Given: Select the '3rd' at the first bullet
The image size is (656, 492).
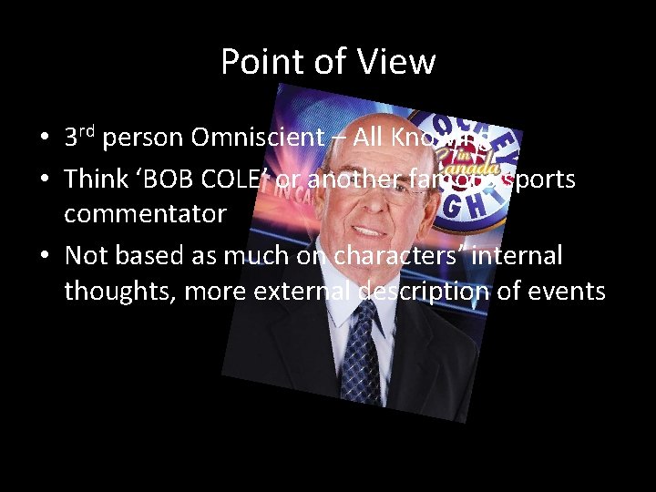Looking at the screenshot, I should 80,138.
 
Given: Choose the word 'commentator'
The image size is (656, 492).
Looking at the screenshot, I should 145,215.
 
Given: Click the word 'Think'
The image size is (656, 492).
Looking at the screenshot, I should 96,179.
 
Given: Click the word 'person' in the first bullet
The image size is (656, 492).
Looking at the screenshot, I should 145,138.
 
